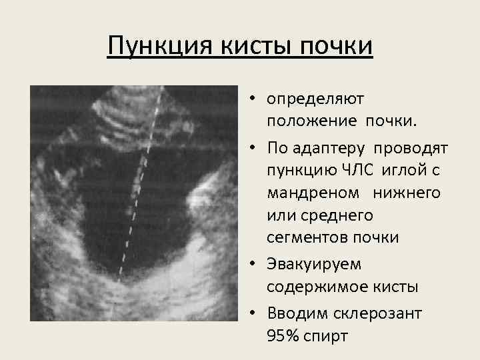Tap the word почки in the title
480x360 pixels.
337,48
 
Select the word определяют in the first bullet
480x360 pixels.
315,99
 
